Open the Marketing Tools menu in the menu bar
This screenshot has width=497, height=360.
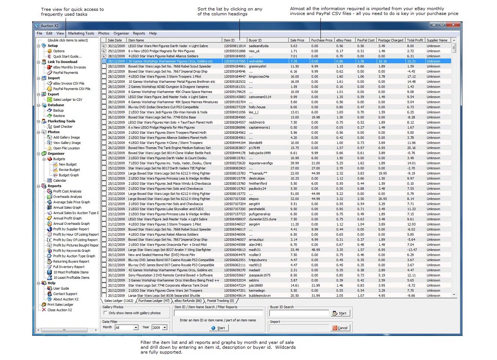81,33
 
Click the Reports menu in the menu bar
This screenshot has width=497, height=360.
139,33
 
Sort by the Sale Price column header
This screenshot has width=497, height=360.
297,40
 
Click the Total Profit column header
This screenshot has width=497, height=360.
415,40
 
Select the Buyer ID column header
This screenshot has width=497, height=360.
255,40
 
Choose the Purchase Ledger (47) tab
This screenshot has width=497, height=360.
154,300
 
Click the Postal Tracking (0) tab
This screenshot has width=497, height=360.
220,300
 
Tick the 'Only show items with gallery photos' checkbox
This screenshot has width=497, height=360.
105,313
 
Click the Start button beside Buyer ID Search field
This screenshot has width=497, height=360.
340,314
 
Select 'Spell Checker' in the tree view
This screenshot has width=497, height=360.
63,127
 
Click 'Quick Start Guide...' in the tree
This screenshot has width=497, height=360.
67,57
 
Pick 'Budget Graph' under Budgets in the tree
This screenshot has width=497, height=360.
69,175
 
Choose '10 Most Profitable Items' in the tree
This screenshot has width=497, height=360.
71,272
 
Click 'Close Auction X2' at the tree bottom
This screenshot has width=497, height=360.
60,310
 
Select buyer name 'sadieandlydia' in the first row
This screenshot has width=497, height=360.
259,46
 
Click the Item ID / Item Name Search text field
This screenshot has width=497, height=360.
219,314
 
